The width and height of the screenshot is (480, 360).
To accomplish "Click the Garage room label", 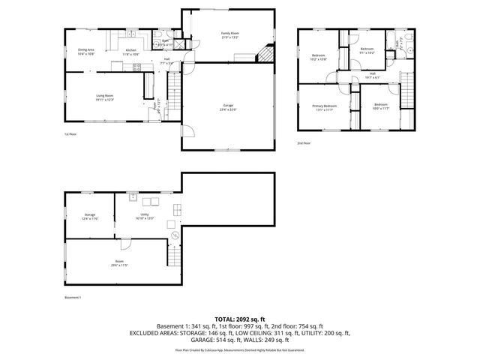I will point(228,107).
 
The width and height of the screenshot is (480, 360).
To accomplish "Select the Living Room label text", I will point(104,97).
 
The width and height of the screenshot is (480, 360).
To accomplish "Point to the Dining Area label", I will point(85,52).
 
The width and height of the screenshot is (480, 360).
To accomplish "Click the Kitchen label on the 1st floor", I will point(130,52).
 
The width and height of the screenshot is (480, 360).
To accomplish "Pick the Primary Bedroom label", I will point(325,107).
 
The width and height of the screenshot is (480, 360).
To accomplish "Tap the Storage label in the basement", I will point(90,216).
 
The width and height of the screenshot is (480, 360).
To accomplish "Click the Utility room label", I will point(145,216).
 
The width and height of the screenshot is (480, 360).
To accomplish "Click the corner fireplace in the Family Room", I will point(265,53).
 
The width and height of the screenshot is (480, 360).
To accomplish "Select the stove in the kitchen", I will point(138,67).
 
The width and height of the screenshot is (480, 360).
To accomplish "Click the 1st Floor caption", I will point(70,134).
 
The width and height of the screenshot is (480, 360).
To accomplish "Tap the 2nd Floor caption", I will point(303,142).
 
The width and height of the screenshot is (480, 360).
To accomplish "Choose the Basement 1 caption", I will point(73,298).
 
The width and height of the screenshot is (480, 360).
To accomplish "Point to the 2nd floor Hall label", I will point(372,74).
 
